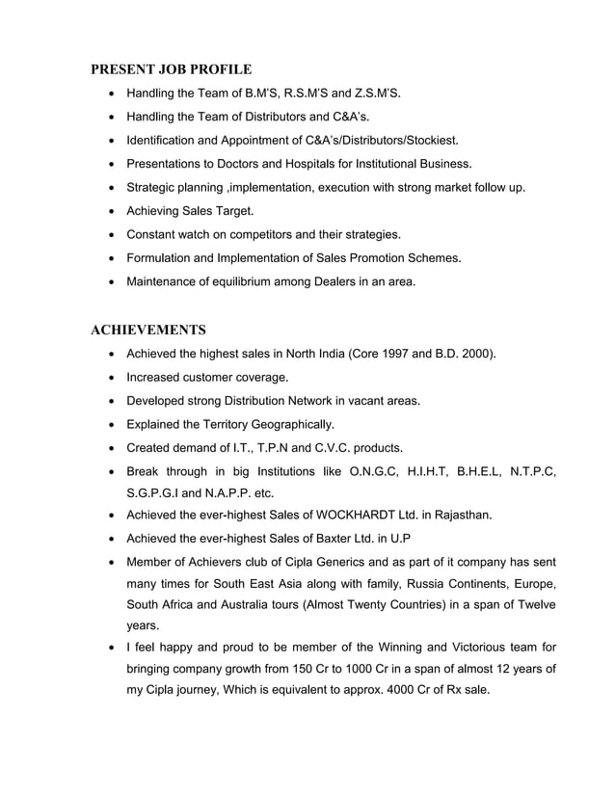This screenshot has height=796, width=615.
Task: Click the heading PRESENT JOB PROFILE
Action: click(x=171, y=69)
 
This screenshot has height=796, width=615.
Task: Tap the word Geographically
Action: click(x=290, y=424)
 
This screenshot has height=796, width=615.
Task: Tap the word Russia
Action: click(x=428, y=584)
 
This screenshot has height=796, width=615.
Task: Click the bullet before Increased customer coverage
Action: click(x=115, y=378)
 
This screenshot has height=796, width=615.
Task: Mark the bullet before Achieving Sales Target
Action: click(x=115, y=211)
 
